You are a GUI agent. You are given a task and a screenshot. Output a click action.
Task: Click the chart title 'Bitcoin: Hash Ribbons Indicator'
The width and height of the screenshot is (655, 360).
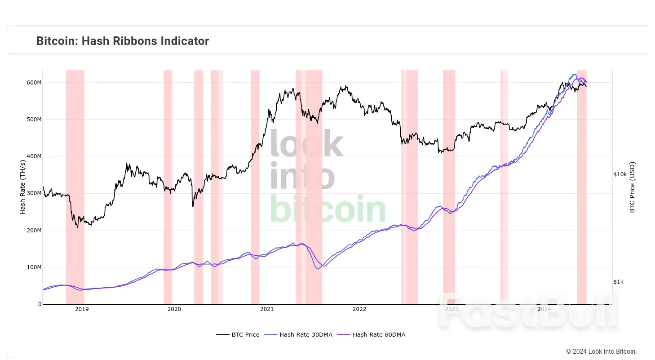click(x=123, y=41)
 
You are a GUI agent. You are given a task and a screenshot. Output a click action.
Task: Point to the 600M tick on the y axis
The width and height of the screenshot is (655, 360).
click(x=35, y=83)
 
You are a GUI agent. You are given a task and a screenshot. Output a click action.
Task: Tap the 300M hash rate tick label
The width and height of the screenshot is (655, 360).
click(x=35, y=193)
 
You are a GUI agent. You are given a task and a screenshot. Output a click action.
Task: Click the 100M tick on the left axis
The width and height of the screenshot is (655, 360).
click(x=35, y=267)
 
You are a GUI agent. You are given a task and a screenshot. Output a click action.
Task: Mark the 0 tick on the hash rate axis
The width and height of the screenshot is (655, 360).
click(x=40, y=304)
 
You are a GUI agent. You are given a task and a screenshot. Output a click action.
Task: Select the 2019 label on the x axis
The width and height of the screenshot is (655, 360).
click(x=82, y=309)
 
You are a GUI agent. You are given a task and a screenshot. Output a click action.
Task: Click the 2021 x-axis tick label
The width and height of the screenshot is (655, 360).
click(x=267, y=309)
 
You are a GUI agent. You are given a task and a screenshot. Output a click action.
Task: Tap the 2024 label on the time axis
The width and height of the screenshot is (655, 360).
click(x=544, y=309)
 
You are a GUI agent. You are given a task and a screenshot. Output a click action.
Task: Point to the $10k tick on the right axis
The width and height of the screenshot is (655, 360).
click(x=620, y=174)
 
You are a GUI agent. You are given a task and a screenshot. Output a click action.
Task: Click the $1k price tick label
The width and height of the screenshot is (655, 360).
click(x=619, y=282)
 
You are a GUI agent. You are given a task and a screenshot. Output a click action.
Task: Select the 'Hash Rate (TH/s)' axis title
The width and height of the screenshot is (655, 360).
click(x=23, y=187)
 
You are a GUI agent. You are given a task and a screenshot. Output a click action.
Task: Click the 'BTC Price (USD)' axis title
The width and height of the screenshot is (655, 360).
click(x=632, y=187)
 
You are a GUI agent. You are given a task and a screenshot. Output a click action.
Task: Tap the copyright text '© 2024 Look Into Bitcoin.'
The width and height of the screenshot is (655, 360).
click(x=601, y=351)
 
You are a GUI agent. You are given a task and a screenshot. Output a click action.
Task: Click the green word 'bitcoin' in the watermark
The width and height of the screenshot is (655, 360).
click(x=327, y=209)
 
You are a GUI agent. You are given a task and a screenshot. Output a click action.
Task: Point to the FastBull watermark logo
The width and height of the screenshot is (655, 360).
click(x=528, y=311)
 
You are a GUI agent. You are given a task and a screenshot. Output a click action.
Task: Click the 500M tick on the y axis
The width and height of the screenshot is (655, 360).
click(x=35, y=120)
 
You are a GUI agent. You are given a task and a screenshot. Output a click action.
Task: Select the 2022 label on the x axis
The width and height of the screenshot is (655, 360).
click(x=359, y=309)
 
